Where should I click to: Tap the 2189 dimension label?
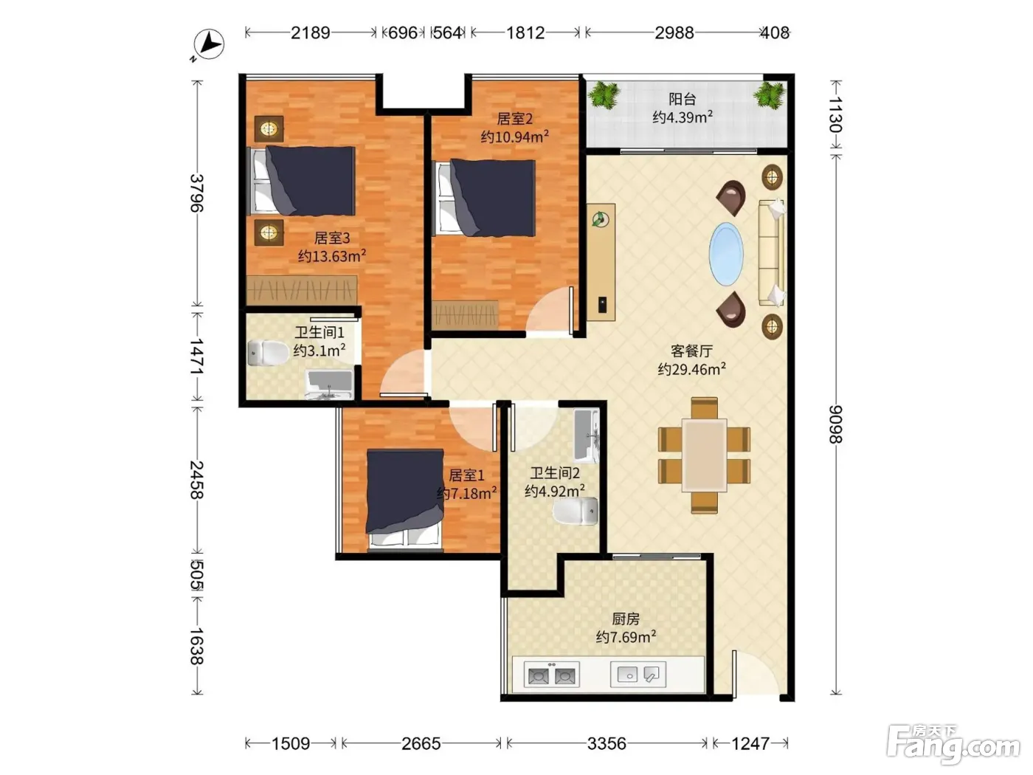pyautogui.click(x=310, y=32)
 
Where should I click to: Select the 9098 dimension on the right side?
pyautogui.click(x=836, y=424)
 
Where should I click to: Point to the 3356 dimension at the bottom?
pyautogui.click(x=607, y=743)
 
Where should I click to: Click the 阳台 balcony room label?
pyautogui.click(x=682, y=99)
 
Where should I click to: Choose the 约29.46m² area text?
pyautogui.click(x=691, y=369)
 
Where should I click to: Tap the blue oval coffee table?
pyautogui.click(x=726, y=254)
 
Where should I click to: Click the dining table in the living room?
pyautogui.click(x=704, y=455)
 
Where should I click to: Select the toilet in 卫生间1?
pyautogui.click(x=267, y=353)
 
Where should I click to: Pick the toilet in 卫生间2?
pyautogui.click(x=575, y=511)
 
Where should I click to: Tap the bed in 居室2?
pyautogui.click(x=486, y=198)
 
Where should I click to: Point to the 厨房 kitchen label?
pyautogui.click(x=626, y=619)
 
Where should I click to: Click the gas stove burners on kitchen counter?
pyautogui.click(x=552, y=675)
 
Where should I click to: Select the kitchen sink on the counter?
pyautogui.click(x=638, y=675)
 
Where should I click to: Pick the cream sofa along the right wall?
pyautogui.click(x=771, y=252)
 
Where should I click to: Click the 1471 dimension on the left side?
pyautogui.click(x=196, y=356)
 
